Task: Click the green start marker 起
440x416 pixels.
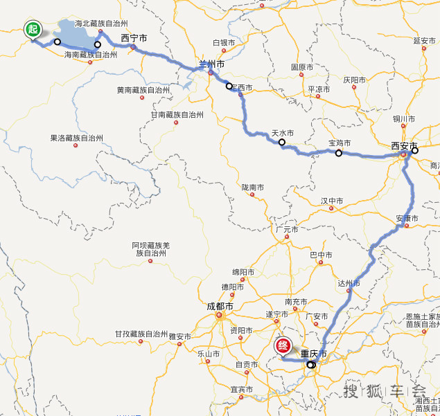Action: point(33,29)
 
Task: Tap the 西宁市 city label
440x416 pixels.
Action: point(134,39)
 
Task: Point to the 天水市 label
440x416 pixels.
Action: point(282,132)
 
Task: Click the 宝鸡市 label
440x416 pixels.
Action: point(340,143)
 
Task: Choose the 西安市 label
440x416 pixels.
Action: point(404,146)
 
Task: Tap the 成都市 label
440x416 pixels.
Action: point(220,307)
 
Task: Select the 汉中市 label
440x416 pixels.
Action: point(332,201)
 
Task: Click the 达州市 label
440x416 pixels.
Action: point(349,283)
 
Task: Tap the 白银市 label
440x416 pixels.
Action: point(224,42)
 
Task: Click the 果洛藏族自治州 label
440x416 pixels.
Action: point(76,138)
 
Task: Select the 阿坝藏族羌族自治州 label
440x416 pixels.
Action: point(150,249)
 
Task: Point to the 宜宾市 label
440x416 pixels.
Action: point(242,390)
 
